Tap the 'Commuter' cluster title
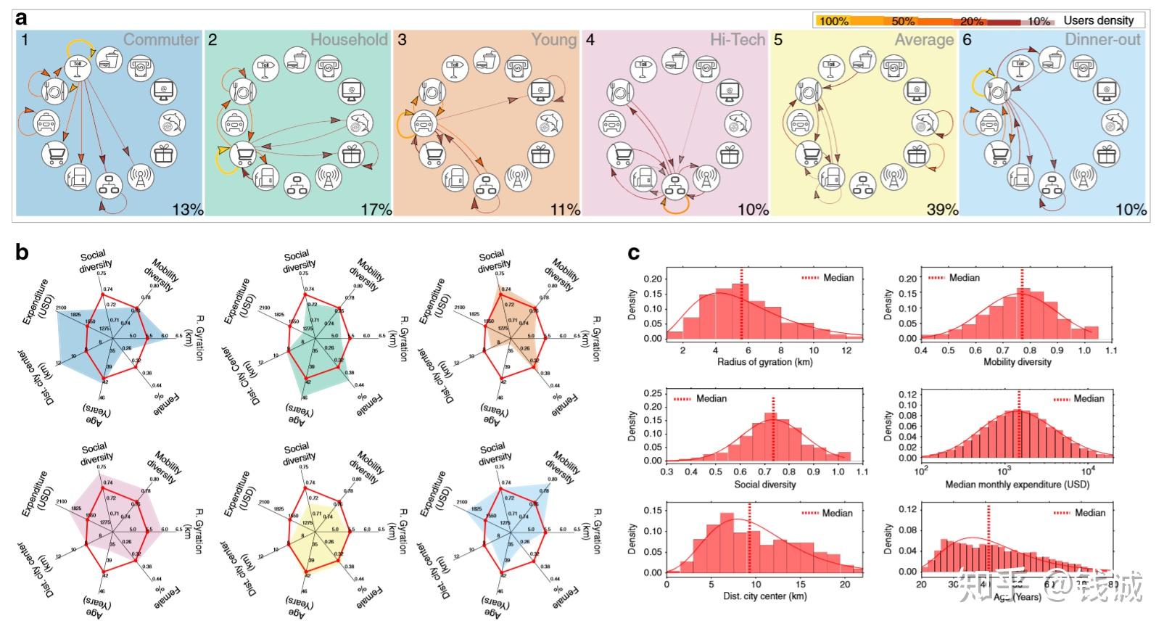pos(161,40)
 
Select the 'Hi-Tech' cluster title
pos(738,40)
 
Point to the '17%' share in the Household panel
pos(376,209)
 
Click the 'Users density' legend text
pos(1098,20)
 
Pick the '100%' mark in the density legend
pos(833,21)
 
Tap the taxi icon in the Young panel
pos(423,123)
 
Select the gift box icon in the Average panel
pos(917,154)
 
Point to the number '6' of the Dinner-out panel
pos(967,40)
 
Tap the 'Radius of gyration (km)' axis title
pos(764,361)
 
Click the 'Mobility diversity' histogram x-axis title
pos(1017,361)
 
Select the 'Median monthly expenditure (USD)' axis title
pos(1017,484)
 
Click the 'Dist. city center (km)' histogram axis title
pos(764,596)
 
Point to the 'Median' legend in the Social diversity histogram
pos(711,398)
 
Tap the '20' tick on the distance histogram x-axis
pos(844,583)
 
